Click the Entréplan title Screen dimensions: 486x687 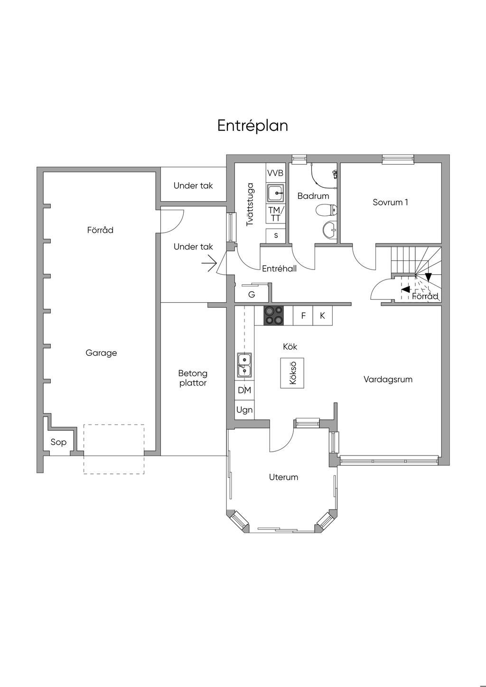(252, 126)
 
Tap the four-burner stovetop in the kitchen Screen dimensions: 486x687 (274, 316)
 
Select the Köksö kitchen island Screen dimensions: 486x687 (292, 373)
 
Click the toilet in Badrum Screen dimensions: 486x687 (327, 210)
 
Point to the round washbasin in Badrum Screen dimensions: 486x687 (330, 230)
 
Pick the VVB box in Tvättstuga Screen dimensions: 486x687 (276, 173)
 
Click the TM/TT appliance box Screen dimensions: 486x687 (276, 214)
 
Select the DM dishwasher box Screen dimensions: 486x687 (244, 390)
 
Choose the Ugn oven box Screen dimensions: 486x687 (244, 410)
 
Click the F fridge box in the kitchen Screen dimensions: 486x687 (303, 316)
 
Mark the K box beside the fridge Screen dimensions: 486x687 (322, 316)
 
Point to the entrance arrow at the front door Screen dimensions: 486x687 (209, 263)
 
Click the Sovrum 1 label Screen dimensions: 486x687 (390, 203)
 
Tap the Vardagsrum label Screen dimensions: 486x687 (388, 380)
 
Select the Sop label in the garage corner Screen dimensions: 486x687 (58, 442)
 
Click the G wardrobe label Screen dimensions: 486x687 (252, 295)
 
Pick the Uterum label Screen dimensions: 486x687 (283, 477)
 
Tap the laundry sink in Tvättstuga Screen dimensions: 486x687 (276, 193)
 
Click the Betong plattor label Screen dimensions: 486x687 (193, 378)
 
